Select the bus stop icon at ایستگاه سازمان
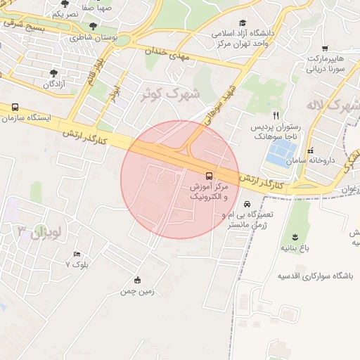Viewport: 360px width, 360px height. coord(15,108)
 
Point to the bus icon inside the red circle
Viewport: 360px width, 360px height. coord(209,174)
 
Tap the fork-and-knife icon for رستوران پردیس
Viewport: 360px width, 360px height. coord(276,115)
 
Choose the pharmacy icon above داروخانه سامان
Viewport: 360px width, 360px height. coord(310,151)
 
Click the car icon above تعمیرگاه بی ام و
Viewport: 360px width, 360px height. coord(245,204)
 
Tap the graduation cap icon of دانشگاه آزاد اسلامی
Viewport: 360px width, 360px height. coord(243,22)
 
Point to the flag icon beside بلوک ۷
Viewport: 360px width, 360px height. coord(77,254)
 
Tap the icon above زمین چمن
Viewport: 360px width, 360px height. coord(137,280)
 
